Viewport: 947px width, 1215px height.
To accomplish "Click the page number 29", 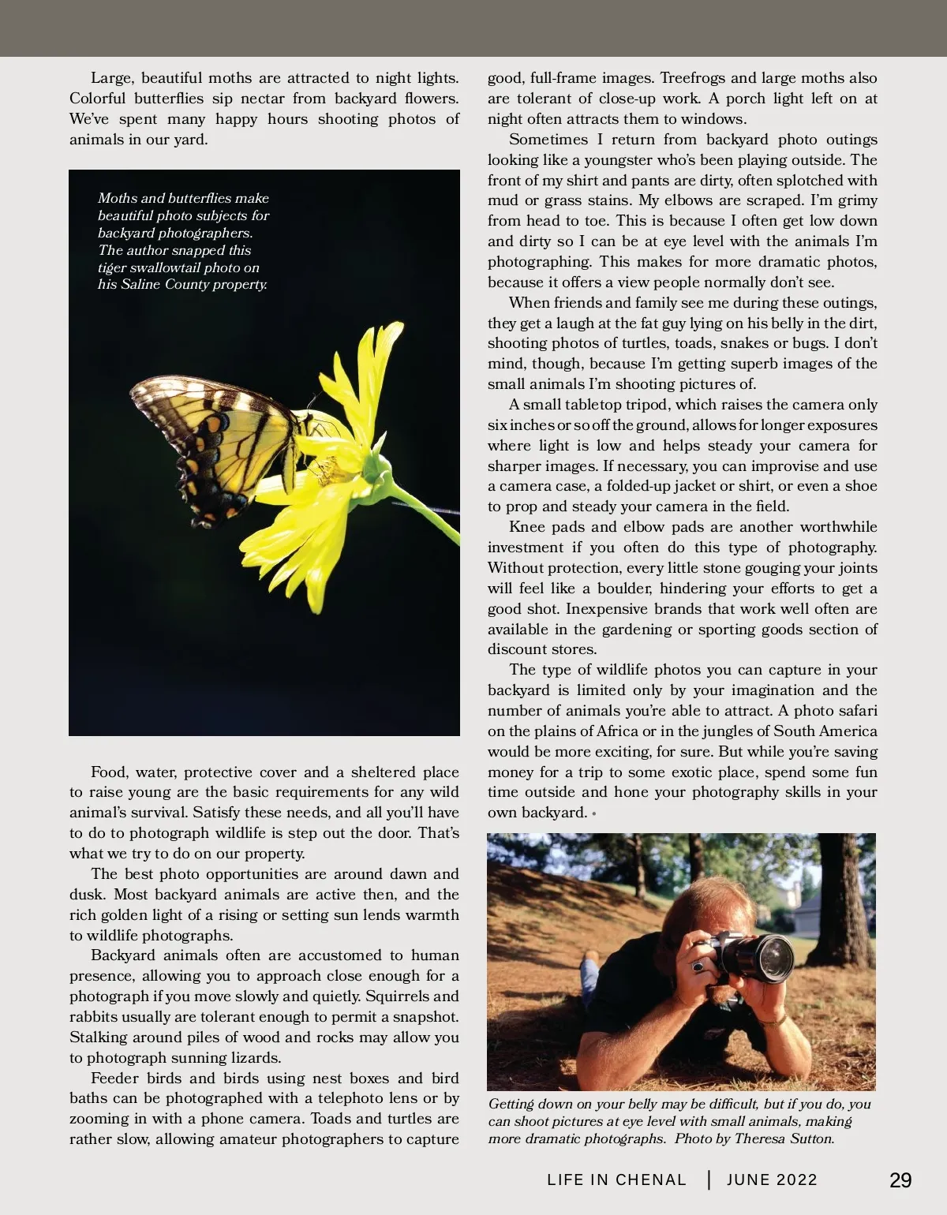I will click(900, 1180).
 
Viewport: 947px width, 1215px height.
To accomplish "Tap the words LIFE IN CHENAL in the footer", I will click(616, 1180).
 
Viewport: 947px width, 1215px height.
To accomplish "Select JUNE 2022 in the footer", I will click(772, 1180).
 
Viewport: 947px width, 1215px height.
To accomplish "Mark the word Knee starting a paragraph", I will click(526, 527).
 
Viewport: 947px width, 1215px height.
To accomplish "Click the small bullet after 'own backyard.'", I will click(593, 813).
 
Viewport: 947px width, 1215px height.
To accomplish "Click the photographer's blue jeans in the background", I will click(590, 967).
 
